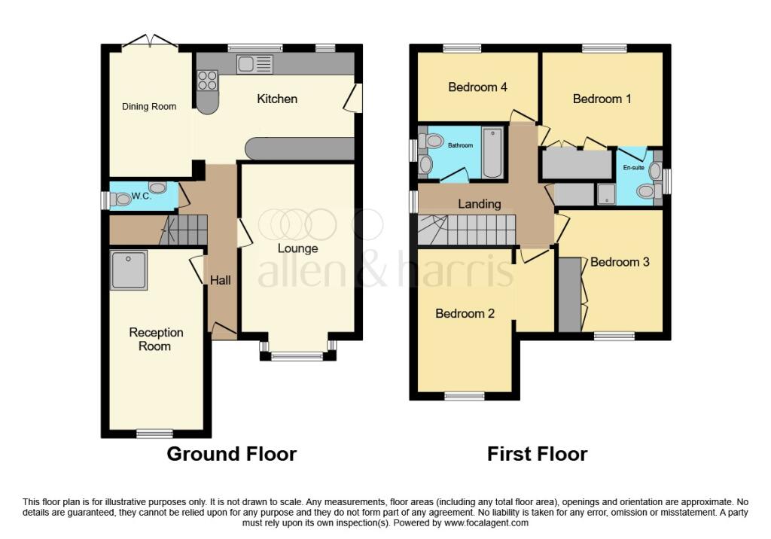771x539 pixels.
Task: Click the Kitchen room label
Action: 277,99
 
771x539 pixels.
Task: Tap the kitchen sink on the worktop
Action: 254,65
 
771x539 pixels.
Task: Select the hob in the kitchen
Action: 207,80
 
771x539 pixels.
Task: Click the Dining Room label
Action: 149,106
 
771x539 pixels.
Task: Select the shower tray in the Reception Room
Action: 129,270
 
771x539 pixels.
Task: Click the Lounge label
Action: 297,248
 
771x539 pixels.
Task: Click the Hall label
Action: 221,280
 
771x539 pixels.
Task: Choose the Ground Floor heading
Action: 231,454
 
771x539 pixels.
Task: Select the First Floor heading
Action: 537,454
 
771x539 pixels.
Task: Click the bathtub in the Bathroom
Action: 492,152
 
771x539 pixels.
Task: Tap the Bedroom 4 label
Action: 477,87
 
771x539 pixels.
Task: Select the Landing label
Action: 480,203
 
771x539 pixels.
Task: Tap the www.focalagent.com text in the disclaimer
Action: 486,522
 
